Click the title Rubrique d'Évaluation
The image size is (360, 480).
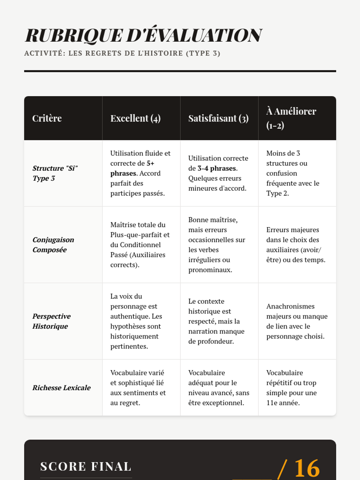[x=143, y=35]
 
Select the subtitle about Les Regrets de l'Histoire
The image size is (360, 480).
[x=122, y=53]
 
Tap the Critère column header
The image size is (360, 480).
[x=47, y=118]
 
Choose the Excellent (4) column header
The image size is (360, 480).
[x=135, y=118]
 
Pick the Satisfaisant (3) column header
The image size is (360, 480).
[x=218, y=118]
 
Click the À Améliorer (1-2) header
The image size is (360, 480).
[x=291, y=118]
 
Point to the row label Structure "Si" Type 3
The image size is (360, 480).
[x=55, y=173]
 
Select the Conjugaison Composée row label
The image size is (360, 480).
[x=53, y=244]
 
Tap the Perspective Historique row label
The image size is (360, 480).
[x=51, y=321]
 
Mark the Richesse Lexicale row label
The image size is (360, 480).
[x=61, y=388]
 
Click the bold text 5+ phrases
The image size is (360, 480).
[x=132, y=169]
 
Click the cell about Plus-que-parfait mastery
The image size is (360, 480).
[x=140, y=244]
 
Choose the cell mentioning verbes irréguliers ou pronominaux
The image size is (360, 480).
[x=217, y=244]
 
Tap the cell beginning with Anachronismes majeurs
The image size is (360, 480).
[x=297, y=321]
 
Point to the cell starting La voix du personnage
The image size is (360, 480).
[x=136, y=321]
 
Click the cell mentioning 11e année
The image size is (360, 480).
[x=291, y=388]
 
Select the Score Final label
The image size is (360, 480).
[x=86, y=466]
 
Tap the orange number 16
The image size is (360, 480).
[x=307, y=468]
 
